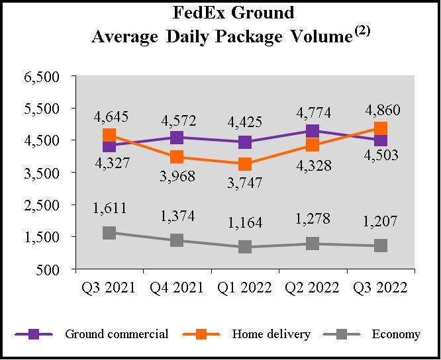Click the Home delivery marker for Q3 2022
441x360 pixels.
pos(380,128)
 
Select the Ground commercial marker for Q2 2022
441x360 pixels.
pos(313,131)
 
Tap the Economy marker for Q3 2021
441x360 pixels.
pos(109,233)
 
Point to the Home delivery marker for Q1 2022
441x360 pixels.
pos(245,164)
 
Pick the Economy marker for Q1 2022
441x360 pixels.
pos(245,247)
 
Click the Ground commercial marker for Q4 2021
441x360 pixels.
pos(177,138)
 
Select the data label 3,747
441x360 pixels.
pos(245,183)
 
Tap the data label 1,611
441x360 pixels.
pos(109,209)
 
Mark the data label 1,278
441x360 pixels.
pos(313,219)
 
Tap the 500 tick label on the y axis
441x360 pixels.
pos(51,269)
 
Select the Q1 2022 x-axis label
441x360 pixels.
pos(245,288)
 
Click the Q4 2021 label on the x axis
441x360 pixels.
pos(177,288)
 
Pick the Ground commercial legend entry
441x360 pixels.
pos(117,334)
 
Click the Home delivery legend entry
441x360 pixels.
pos(271,334)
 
